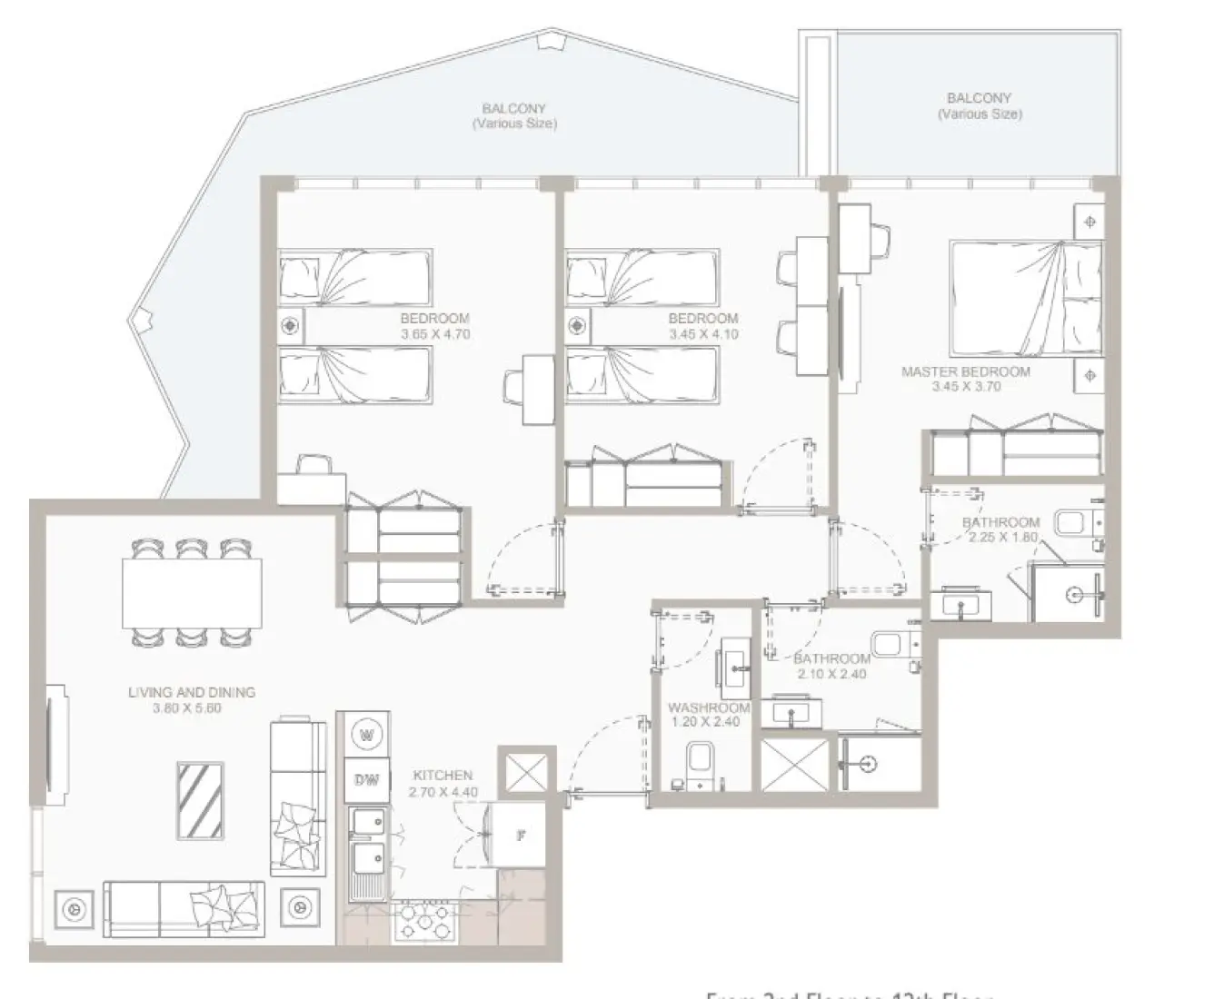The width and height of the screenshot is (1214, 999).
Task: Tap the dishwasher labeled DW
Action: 366,780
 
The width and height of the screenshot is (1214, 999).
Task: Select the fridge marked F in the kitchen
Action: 520,834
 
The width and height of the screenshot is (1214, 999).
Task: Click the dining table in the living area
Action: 192,593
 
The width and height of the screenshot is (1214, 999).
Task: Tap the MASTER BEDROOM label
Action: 965,371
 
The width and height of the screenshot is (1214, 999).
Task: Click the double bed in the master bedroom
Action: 1025,299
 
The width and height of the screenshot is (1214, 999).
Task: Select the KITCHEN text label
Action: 443,776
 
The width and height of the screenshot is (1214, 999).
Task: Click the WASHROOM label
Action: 709,707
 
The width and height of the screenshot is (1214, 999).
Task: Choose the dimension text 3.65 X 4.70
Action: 435,334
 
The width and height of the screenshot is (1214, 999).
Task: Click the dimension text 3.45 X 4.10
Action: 703,334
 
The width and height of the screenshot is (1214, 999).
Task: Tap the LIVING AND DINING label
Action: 192,692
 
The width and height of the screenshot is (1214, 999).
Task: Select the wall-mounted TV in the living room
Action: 56,744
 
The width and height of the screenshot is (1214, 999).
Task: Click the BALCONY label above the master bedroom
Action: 979,98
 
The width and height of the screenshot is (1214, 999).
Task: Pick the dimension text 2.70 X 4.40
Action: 443,792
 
